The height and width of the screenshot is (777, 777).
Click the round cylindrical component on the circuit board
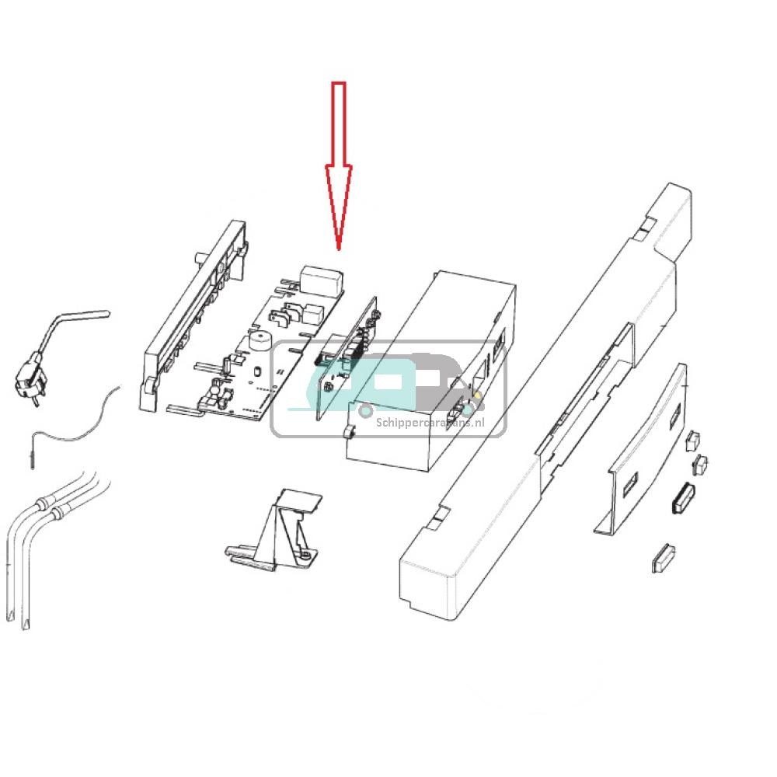pyautogui.click(x=260, y=342)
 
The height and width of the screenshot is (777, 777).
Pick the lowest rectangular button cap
pyautogui.click(x=663, y=557)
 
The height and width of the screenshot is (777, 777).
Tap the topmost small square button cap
pyautogui.click(x=692, y=440)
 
